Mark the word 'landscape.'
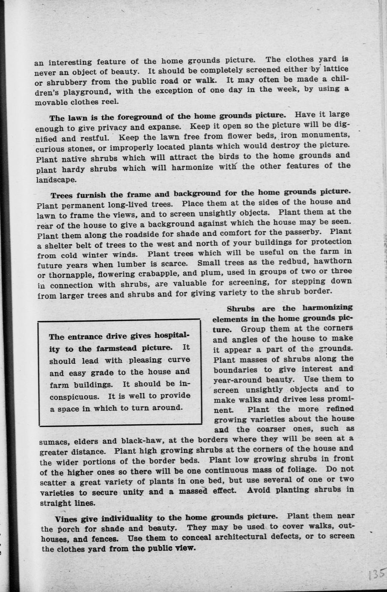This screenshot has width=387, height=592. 56,180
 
